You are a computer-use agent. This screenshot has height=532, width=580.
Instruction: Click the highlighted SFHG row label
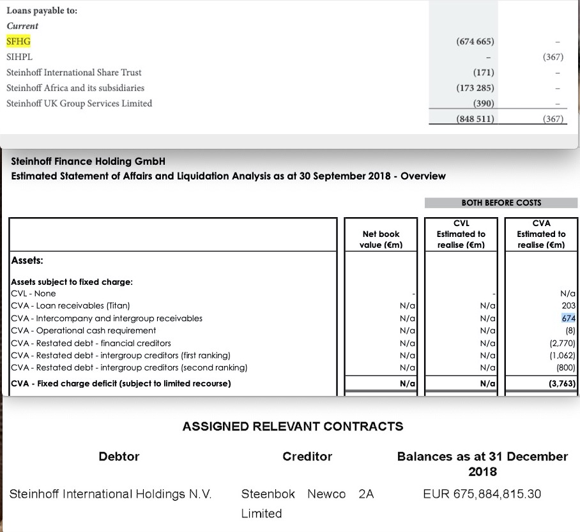point(19,42)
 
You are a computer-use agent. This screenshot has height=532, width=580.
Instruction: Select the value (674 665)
point(475,42)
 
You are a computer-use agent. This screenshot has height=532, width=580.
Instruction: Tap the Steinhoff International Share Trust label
point(74,72)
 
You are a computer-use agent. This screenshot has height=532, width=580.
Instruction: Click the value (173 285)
point(475,88)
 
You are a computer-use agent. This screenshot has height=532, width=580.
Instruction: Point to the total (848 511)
point(475,119)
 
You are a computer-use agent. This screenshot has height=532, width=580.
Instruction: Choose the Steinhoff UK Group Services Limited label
point(79,103)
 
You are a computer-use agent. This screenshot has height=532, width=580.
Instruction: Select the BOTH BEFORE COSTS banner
point(501,202)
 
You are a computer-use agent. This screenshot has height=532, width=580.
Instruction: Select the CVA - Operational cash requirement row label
point(84,330)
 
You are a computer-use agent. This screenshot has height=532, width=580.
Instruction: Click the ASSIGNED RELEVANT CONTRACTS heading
point(293,426)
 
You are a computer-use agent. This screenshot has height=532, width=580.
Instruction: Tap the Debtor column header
point(119,456)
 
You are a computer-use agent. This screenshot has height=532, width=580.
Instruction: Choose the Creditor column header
point(307,456)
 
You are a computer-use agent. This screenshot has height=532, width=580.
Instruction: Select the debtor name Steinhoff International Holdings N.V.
point(111,494)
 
